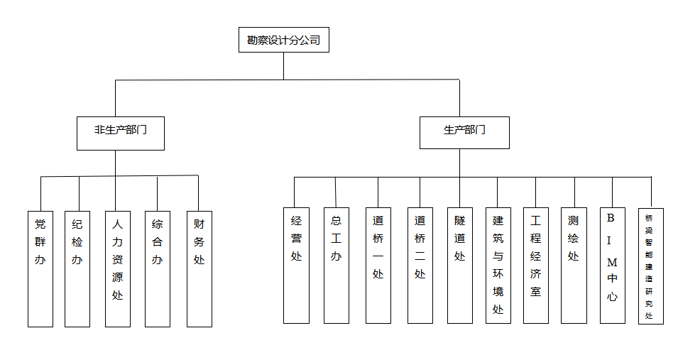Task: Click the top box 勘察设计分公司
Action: tap(283, 40)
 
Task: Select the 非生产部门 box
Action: tap(121, 133)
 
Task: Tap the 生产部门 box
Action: tap(464, 133)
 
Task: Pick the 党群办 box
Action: tap(40, 268)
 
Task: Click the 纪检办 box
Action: tap(77, 268)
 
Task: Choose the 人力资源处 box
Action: tap(117, 268)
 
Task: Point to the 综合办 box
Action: tap(157, 268)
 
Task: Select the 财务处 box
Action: tap(199, 268)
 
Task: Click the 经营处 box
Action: tap(296, 265)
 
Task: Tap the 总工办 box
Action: tap(336, 265)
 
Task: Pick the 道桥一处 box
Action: tap(378, 265)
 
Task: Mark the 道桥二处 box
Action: tap(420, 265)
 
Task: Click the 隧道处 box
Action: tap(459, 265)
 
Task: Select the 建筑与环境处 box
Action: tap(498, 265)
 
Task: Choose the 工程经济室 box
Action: tap(535, 265)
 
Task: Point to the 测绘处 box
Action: tap(573, 265)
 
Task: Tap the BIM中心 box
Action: tap(612, 265)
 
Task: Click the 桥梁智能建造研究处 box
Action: tap(650, 266)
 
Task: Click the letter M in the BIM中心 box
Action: tap(612, 263)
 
